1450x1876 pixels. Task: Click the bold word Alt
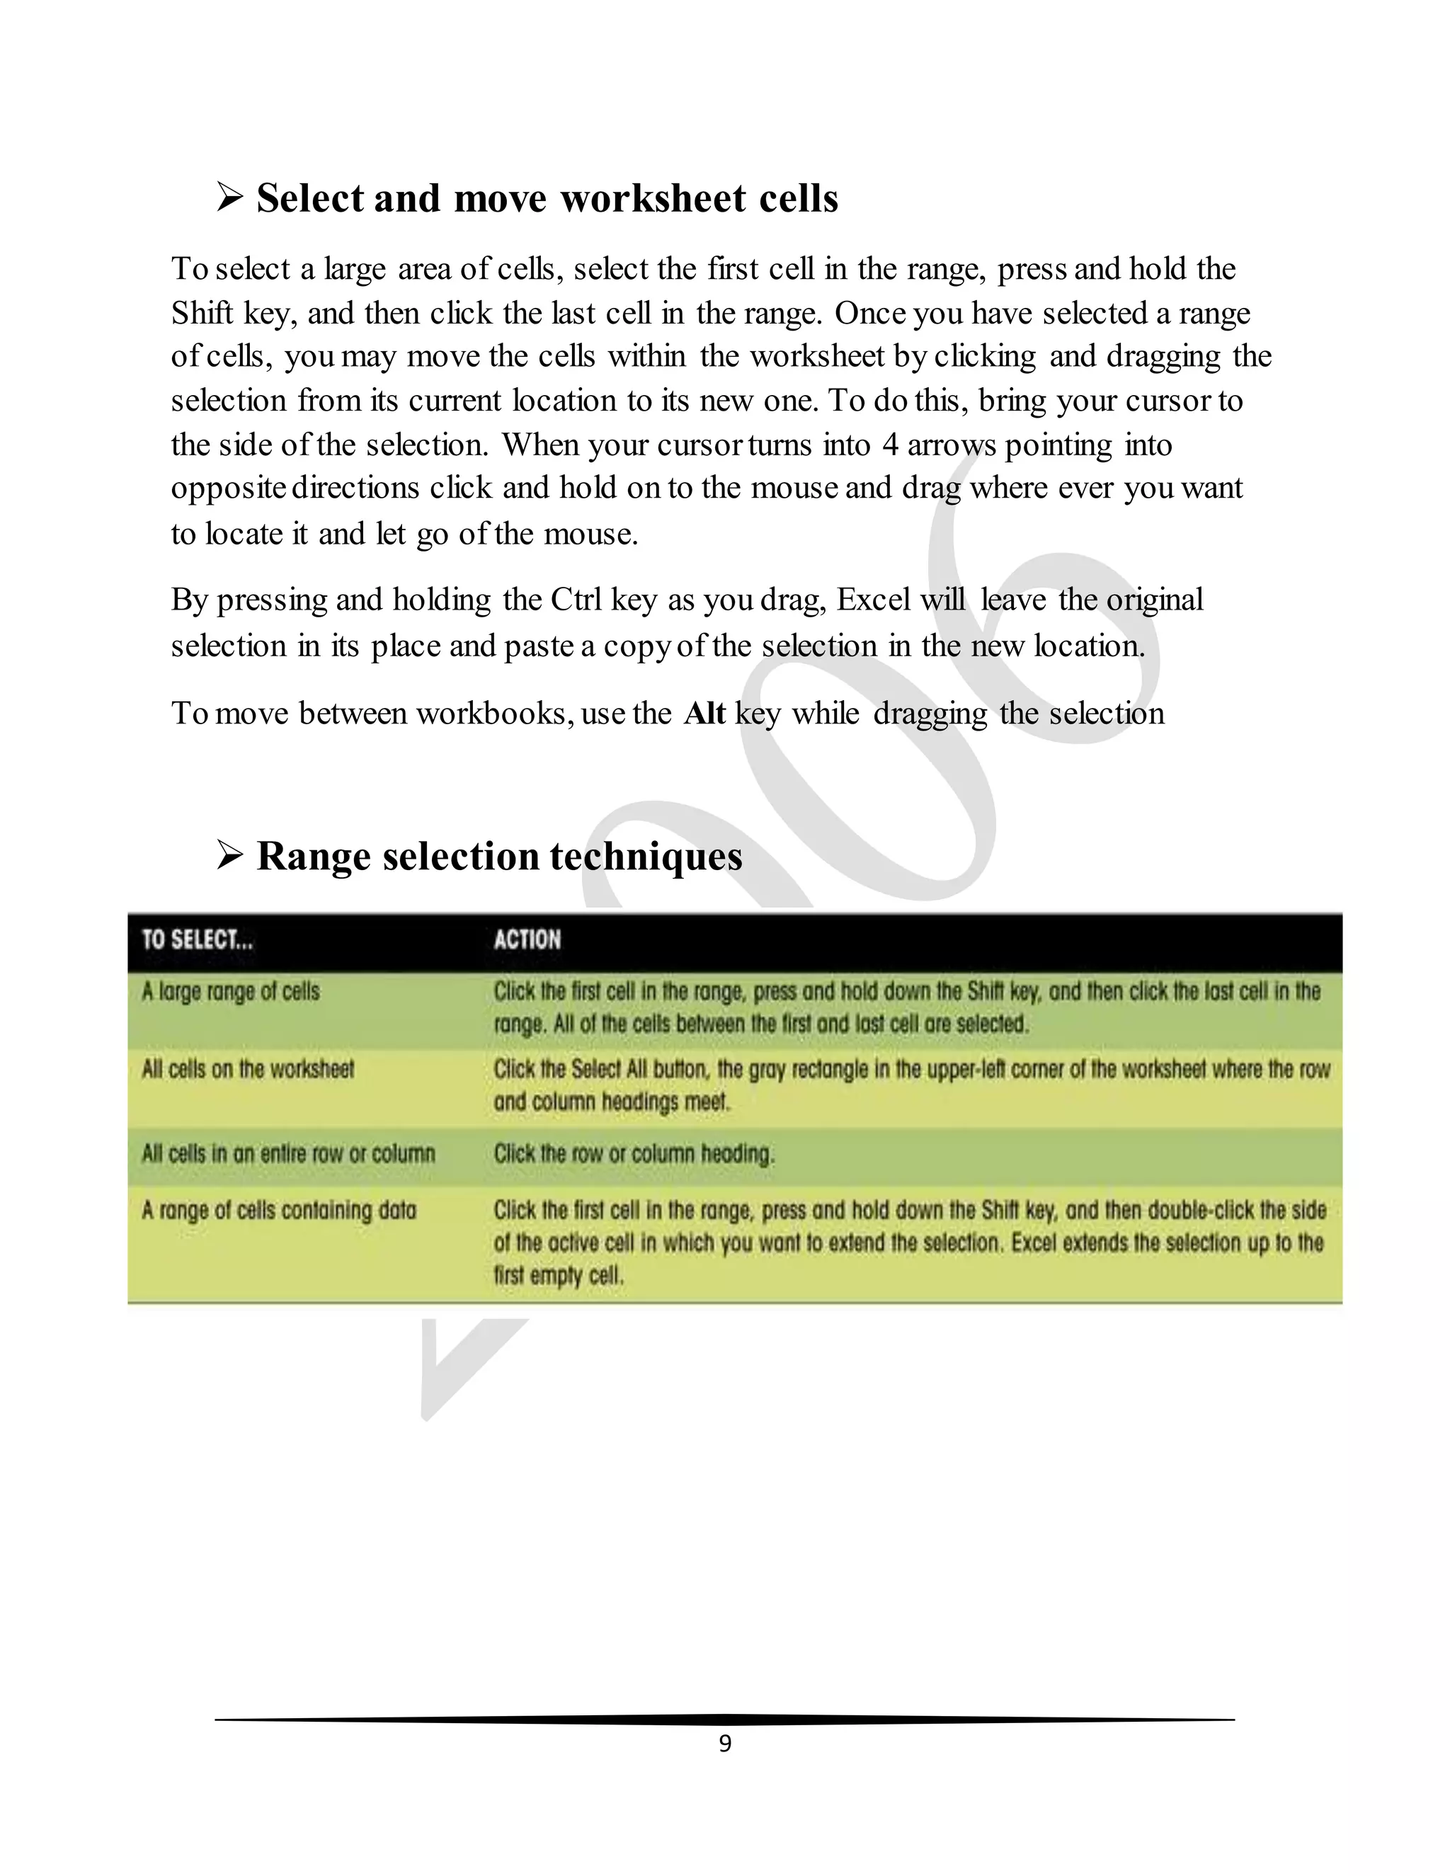point(704,714)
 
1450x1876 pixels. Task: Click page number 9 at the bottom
point(725,1743)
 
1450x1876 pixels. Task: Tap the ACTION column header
point(527,939)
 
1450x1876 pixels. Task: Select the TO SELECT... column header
point(198,939)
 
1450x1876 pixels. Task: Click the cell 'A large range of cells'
point(231,991)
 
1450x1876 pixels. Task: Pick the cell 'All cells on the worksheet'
point(247,1070)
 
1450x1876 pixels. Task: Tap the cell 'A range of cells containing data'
point(279,1211)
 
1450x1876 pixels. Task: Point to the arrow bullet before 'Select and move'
point(229,198)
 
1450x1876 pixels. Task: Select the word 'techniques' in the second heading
point(646,857)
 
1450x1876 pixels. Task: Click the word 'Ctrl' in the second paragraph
point(576,600)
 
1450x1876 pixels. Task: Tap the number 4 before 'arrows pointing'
point(890,445)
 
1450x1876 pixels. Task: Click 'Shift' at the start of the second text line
point(202,313)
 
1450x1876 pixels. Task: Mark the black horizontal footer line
point(724,1720)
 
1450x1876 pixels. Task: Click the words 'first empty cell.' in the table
point(559,1276)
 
